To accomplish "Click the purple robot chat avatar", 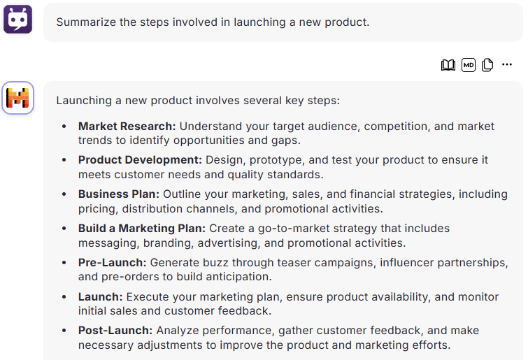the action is (18, 19).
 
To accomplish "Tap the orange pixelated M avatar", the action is (18, 98).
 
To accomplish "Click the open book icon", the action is (448, 65).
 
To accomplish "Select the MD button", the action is (469, 65).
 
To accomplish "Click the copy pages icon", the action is (487, 65).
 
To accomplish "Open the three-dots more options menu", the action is (507, 64).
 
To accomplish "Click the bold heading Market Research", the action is (127, 126).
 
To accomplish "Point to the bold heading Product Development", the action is (140, 160).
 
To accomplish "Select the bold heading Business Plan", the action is (118, 194).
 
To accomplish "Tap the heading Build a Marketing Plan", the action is (142, 228).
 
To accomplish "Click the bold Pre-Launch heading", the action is (112, 262).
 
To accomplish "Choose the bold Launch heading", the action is (100, 297).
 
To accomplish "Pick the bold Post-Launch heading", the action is (115, 331).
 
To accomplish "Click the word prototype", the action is (277, 160).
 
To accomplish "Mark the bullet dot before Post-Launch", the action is (64, 331).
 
